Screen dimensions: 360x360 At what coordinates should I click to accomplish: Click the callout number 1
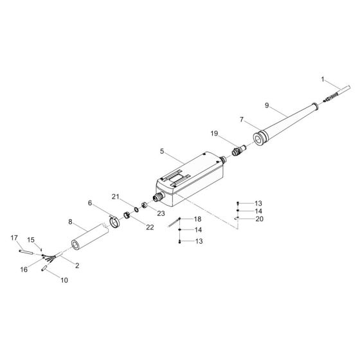323,80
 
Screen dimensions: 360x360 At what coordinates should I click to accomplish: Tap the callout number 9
267,105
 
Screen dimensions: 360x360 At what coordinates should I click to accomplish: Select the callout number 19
214,134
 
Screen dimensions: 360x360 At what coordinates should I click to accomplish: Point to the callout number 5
162,151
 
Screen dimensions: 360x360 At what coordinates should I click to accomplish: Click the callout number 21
116,197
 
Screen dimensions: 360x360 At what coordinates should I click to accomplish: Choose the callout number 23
161,213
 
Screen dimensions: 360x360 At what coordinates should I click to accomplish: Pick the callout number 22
150,228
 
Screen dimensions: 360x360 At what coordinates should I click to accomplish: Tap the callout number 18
197,219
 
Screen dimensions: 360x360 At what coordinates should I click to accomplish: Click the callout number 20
260,219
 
